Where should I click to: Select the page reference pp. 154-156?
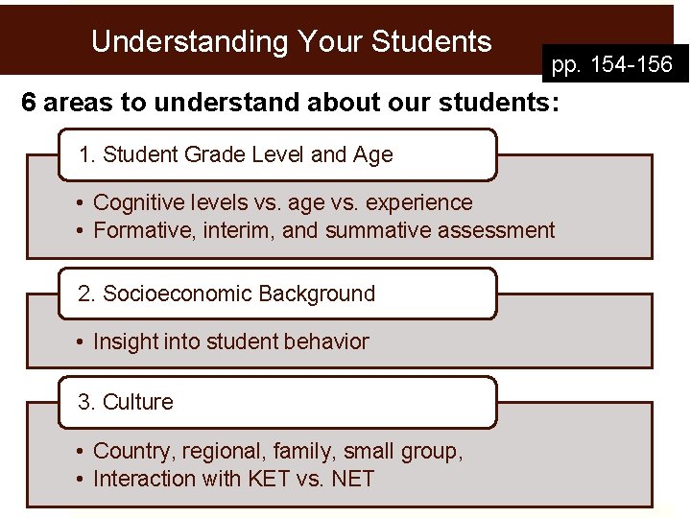click(612, 65)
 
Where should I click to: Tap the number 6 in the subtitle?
click(29, 104)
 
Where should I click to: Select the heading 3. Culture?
click(126, 402)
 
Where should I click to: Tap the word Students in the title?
click(431, 42)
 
